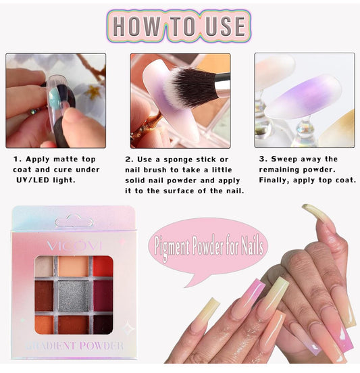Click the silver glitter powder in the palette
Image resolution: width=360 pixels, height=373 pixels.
tap(72, 295)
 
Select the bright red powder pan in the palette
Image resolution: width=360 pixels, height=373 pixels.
tap(103, 266)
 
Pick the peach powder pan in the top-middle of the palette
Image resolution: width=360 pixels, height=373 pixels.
tap(72, 266)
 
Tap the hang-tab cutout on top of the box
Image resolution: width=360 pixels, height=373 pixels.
tap(73, 221)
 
